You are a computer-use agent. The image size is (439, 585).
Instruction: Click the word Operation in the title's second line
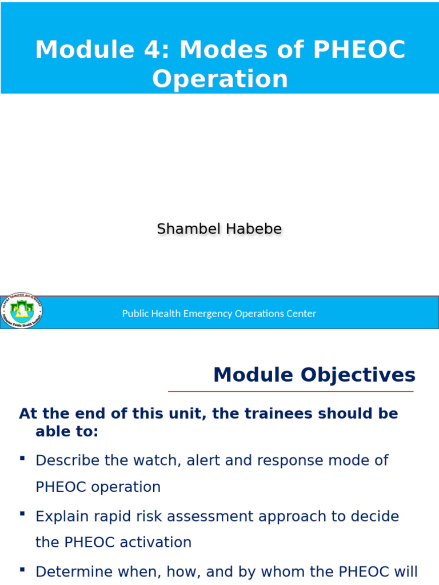(x=220, y=79)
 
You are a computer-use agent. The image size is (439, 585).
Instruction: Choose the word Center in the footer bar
(x=301, y=314)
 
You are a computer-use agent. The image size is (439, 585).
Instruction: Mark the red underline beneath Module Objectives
(x=290, y=391)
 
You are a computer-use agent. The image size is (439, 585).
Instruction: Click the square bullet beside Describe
(x=22, y=458)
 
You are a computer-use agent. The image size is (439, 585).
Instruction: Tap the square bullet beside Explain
(x=22, y=514)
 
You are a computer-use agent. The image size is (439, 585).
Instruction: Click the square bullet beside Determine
(x=22, y=570)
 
